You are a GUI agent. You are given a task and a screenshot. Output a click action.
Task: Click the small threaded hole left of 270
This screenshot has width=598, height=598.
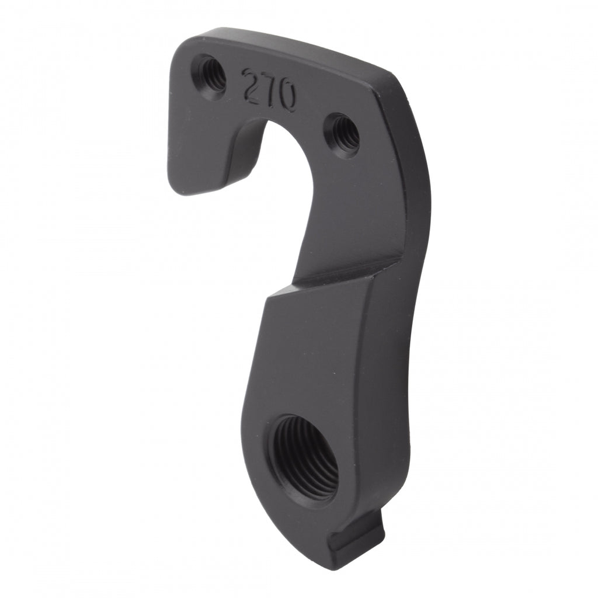[210, 75]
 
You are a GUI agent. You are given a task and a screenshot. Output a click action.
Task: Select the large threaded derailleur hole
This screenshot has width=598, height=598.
[304, 456]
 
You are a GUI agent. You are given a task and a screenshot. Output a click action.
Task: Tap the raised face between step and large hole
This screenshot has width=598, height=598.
[315, 350]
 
